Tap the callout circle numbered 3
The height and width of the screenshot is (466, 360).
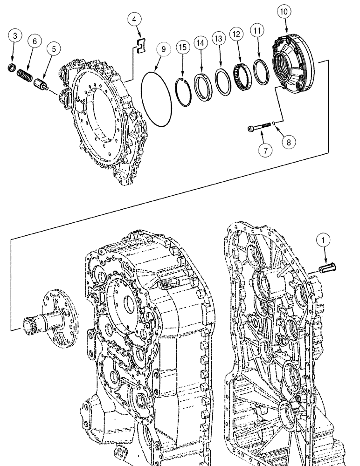coord(15,35)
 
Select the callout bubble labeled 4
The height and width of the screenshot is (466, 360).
coord(134,20)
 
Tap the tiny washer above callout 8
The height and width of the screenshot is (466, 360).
coord(276,123)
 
